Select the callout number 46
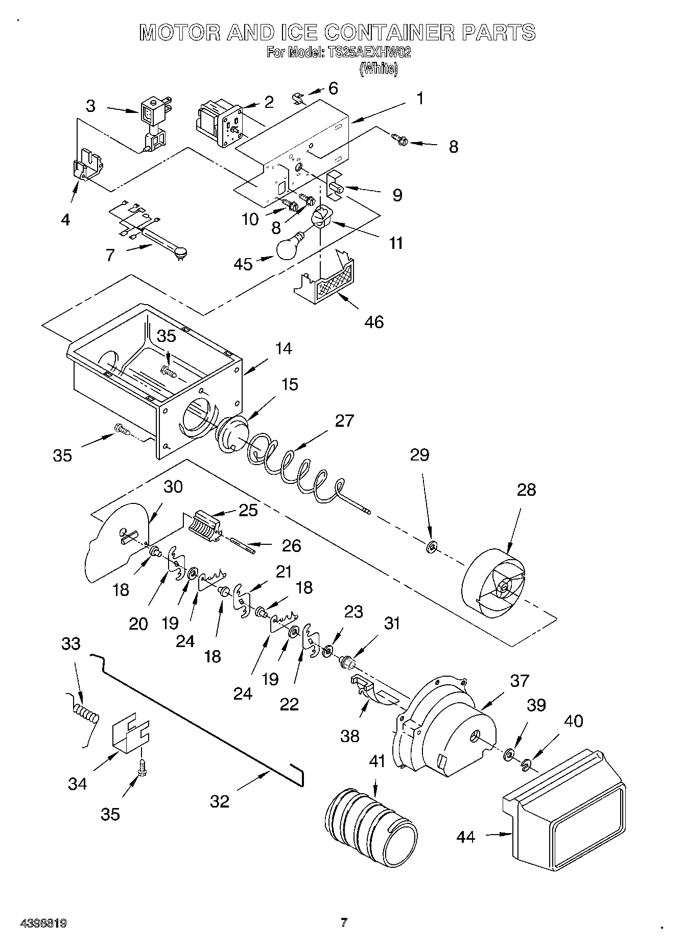coord(374,322)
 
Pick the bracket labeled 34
coord(130,735)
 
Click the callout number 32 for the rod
coord(220,801)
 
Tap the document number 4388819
coord(44,923)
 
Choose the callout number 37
coord(519,681)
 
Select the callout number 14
coord(284,349)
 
